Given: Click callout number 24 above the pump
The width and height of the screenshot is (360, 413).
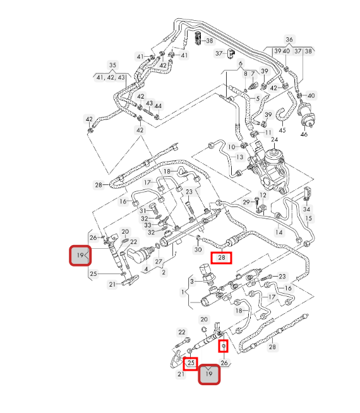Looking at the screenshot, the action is tap(274, 140).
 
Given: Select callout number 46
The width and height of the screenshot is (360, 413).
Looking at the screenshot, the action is tap(304, 135).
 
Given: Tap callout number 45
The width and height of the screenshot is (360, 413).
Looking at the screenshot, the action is tap(282, 130).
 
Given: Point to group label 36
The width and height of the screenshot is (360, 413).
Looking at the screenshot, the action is tap(289, 40).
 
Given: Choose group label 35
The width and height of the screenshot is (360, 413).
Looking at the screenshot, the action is tap(112, 65).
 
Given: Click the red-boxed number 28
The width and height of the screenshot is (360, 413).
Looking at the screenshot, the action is tap(222, 257).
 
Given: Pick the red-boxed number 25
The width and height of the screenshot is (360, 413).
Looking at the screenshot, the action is tap(191, 364).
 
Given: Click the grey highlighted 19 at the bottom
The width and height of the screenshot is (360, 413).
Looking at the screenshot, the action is tap(209, 374).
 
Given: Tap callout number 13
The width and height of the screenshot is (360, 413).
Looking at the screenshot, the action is tap(239, 157).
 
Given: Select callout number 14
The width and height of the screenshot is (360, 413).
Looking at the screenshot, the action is tap(279, 232).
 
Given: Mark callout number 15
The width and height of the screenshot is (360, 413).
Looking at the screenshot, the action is tap(308, 218).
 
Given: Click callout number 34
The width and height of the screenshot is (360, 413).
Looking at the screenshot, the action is tap(306, 209).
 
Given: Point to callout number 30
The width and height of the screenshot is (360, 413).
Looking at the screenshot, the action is tap(198, 249).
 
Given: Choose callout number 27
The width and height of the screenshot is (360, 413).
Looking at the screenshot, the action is tap(159, 261).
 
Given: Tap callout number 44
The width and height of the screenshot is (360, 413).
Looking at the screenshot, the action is tap(158, 106).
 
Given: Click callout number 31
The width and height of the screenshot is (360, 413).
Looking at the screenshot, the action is tap(143, 211).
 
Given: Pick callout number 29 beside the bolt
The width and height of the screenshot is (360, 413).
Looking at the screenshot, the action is tap(246, 202).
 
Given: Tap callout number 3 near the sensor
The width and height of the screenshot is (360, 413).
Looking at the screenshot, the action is tap(192, 282).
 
